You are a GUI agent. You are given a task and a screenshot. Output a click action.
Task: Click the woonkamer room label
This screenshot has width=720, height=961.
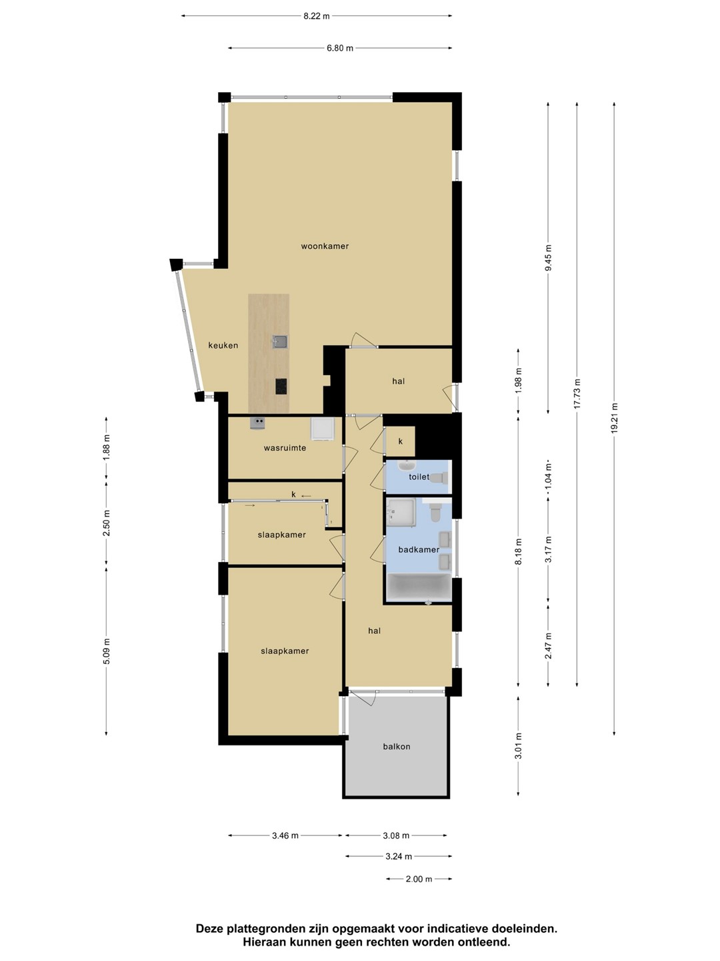(325, 246)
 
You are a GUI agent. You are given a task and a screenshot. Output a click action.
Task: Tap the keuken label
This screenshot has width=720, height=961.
(223, 346)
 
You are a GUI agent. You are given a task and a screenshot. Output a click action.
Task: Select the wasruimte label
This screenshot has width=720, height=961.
(285, 448)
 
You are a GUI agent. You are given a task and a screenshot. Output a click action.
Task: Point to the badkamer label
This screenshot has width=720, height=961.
(419, 549)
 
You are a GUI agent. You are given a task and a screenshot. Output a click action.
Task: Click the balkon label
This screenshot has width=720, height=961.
(397, 747)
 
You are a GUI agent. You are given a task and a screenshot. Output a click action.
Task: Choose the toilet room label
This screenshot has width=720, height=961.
(419, 476)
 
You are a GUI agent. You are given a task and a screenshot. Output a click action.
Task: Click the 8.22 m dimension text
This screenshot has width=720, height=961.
(317, 16)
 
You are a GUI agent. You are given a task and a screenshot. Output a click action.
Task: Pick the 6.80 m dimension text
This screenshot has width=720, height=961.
(340, 48)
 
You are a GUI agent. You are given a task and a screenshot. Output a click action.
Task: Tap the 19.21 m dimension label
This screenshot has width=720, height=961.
(614, 418)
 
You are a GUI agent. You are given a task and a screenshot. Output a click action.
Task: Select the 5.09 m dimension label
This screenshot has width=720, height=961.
(107, 651)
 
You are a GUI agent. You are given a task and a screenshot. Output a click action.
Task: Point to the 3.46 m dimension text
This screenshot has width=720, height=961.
(285, 836)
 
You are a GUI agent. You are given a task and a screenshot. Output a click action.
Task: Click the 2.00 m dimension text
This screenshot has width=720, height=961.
(419, 879)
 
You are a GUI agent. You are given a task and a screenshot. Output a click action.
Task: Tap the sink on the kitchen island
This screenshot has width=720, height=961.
(280, 342)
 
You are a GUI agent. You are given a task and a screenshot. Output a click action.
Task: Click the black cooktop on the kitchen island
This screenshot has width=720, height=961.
(281, 386)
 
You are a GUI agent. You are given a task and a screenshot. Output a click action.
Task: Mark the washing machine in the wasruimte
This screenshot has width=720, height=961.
(323, 428)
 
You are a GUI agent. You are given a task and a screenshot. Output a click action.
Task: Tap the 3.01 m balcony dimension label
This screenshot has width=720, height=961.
(518, 746)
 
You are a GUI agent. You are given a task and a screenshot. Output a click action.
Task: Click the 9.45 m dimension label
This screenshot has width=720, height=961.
(548, 258)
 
